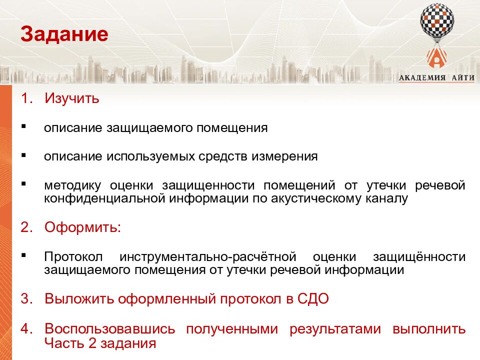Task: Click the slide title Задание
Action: click(64, 34)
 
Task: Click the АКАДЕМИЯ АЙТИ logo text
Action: click(436, 76)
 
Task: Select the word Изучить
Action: click(72, 98)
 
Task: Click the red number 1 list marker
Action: click(24, 98)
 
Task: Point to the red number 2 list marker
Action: click(24, 227)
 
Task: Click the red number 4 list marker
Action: click(24, 329)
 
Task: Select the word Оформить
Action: click(82, 227)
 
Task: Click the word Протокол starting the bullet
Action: click(73, 257)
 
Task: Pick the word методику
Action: click(72, 185)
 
